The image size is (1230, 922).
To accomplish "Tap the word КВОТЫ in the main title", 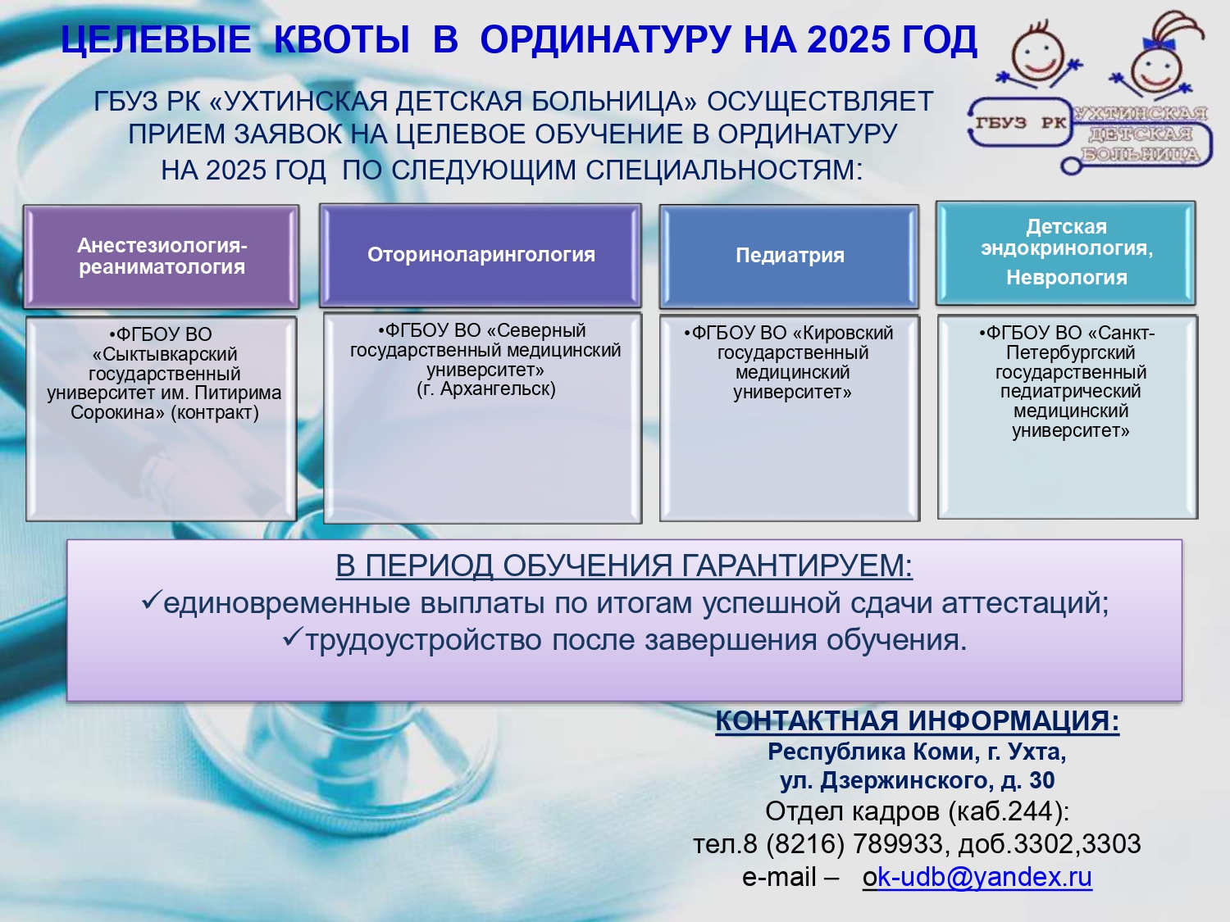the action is [x=341, y=39].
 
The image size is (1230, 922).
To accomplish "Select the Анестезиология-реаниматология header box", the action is [x=161, y=257].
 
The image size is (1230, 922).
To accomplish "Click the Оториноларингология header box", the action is [x=481, y=255].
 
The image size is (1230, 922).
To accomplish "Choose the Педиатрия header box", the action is [x=789, y=256].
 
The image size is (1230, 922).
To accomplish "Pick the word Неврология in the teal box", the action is [x=1066, y=278].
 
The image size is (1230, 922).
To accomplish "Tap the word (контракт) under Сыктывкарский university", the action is [x=215, y=412].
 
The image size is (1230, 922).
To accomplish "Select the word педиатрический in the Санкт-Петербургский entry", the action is [x=1070, y=391].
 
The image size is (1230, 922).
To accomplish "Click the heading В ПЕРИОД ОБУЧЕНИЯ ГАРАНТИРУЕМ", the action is [x=624, y=565].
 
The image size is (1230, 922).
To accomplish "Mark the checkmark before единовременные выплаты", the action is [x=152, y=600].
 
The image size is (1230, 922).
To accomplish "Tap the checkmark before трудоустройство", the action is [x=293, y=637].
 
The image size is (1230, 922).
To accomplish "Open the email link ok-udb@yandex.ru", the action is [x=977, y=877].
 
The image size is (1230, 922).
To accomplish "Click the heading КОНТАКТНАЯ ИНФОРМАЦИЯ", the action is [x=917, y=720].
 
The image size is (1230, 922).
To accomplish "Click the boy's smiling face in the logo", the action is [x=1037, y=56].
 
